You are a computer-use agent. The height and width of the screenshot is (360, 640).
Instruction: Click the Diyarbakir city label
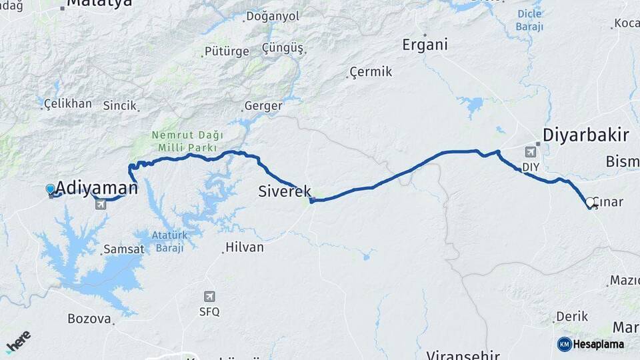[585, 135]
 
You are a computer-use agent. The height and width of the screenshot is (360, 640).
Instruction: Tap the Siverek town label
[285, 191]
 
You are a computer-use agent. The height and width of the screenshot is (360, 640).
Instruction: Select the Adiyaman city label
[97, 187]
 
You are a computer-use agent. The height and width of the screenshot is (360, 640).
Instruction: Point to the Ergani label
[425, 45]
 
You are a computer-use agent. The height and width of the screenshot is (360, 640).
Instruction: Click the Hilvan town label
[244, 247]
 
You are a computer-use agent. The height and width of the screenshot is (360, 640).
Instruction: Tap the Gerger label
[263, 105]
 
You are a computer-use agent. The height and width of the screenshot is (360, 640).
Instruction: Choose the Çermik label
[371, 72]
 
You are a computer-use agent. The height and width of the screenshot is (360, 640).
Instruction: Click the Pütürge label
[226, 51]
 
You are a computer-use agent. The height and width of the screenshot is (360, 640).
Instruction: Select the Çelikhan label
[67, 103]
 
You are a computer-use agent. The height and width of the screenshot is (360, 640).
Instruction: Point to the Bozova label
[89, 319]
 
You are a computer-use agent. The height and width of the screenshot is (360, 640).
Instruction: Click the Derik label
[572, 316]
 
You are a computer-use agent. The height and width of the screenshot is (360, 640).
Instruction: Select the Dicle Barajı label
[529, 20]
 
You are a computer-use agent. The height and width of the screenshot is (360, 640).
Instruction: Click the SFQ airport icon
[209, 297]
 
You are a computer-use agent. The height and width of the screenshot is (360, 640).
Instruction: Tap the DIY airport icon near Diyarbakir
[531, 151]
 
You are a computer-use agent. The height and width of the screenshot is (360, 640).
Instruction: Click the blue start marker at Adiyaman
[51, 189]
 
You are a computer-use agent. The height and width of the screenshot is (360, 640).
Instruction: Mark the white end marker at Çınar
[589, 202]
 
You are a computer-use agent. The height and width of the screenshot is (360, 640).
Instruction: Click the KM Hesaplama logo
[590, 344]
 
